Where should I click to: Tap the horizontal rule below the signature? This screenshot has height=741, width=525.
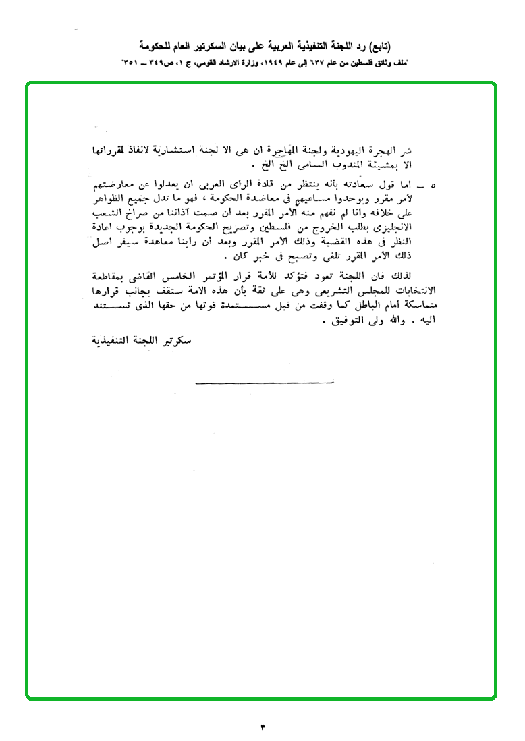pyautogui.click(x=265, y=384)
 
